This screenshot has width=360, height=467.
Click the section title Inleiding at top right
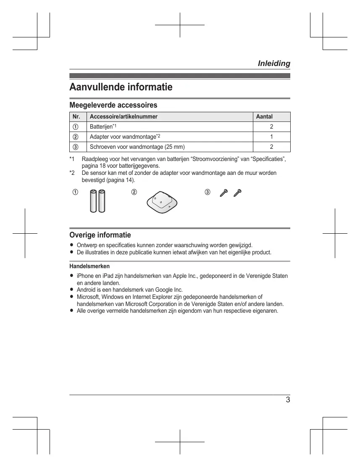click(273, 63)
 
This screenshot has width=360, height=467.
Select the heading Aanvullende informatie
click(121, 87)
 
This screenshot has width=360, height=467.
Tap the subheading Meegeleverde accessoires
click(113, 105)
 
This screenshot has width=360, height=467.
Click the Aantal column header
click(264, 116)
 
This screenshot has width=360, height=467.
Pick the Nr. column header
click(76, 116)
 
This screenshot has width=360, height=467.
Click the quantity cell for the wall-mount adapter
click(271, 137)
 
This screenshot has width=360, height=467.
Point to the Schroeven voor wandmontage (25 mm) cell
click(137, 147)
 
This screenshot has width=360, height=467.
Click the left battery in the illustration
click(93, 202)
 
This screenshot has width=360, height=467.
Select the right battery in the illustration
click(102, 202)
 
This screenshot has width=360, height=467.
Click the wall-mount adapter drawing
click(162, 202)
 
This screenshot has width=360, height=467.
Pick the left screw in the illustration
click(223, 193)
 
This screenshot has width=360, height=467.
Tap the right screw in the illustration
click(238, 193)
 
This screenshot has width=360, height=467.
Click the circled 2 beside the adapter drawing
click(134, 192)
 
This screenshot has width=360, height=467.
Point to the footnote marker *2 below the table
click(72, 173)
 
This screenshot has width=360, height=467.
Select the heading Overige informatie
click(100, 235)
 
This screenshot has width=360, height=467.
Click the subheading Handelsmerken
click(89, 266)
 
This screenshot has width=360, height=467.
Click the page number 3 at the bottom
click(288, 400)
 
